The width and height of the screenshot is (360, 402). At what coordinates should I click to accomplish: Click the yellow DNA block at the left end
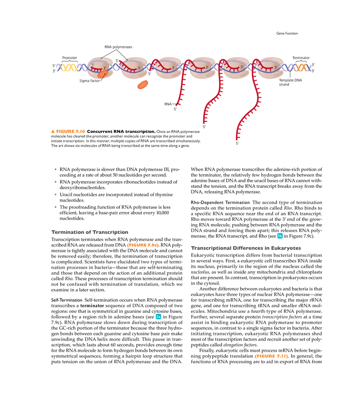click(x=69, y=68)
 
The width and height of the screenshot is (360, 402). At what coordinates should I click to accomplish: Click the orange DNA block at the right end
click(x=301, y=67)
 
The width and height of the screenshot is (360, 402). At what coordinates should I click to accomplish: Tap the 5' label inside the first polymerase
click(x=93, y=65)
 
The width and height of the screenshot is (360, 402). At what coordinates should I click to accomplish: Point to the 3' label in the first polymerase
click(x=105, y=68)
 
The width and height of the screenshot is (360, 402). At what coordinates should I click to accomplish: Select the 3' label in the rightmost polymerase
click(x=276, y=67)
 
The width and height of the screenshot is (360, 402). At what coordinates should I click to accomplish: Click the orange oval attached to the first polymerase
click(x=103, y=74)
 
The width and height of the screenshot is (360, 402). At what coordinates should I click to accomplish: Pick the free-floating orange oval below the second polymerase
click(x=143, y=85)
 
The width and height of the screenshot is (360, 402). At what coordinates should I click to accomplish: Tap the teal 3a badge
click(x=158, y=317)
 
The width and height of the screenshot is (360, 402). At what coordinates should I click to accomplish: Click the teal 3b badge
click(x=280, y=236)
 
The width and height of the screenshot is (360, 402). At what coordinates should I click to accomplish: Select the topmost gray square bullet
click(x=56, y=170)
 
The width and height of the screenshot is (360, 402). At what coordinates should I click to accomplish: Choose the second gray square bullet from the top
click(x=56, y=183)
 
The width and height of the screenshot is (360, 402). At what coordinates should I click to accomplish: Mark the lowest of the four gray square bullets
click(x=56, y=206)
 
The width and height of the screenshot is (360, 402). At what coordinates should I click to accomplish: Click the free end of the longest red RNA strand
click(x=237, y=138)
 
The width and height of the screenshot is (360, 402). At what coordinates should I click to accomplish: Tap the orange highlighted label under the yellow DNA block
click(x=67, y=131)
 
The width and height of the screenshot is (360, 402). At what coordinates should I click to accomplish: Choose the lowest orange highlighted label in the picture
click(x=271, y=357)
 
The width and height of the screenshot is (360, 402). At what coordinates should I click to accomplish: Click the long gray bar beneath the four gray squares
click(x=90, y=232)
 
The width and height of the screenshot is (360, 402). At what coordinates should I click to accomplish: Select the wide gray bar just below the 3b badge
click(x=247, y=248)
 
